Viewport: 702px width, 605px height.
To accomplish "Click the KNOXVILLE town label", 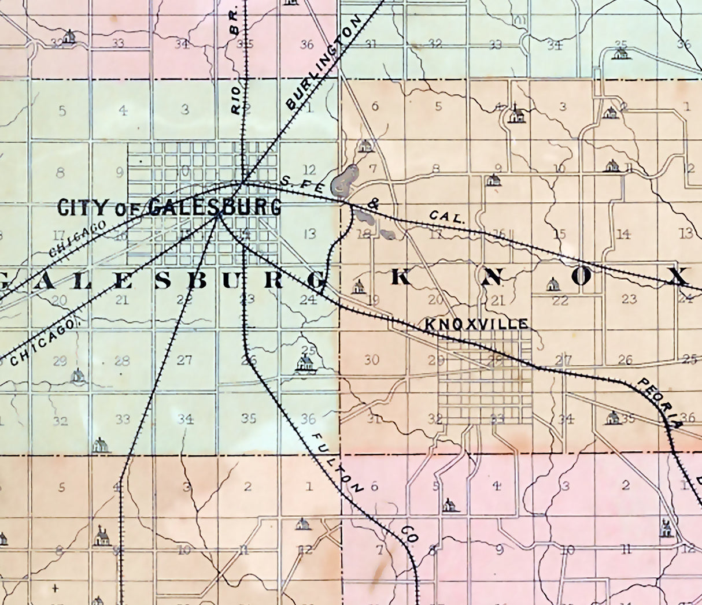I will click(x=476, y=324).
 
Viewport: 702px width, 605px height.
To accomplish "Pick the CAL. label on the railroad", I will click(x=448, y=218).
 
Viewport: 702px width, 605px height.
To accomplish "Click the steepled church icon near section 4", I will click(x=515, y=114).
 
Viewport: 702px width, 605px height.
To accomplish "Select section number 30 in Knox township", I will click(x=371, y=360).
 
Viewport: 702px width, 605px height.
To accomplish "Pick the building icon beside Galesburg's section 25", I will click(x=305, y=363).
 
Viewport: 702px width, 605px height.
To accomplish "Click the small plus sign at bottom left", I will click(x=55, y=589).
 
